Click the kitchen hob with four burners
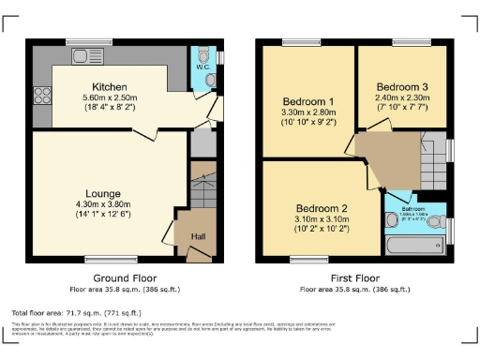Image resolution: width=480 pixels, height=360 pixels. (42, 95)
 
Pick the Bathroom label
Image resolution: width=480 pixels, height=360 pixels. (414, 209)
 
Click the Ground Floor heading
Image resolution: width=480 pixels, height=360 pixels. (124, 278)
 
